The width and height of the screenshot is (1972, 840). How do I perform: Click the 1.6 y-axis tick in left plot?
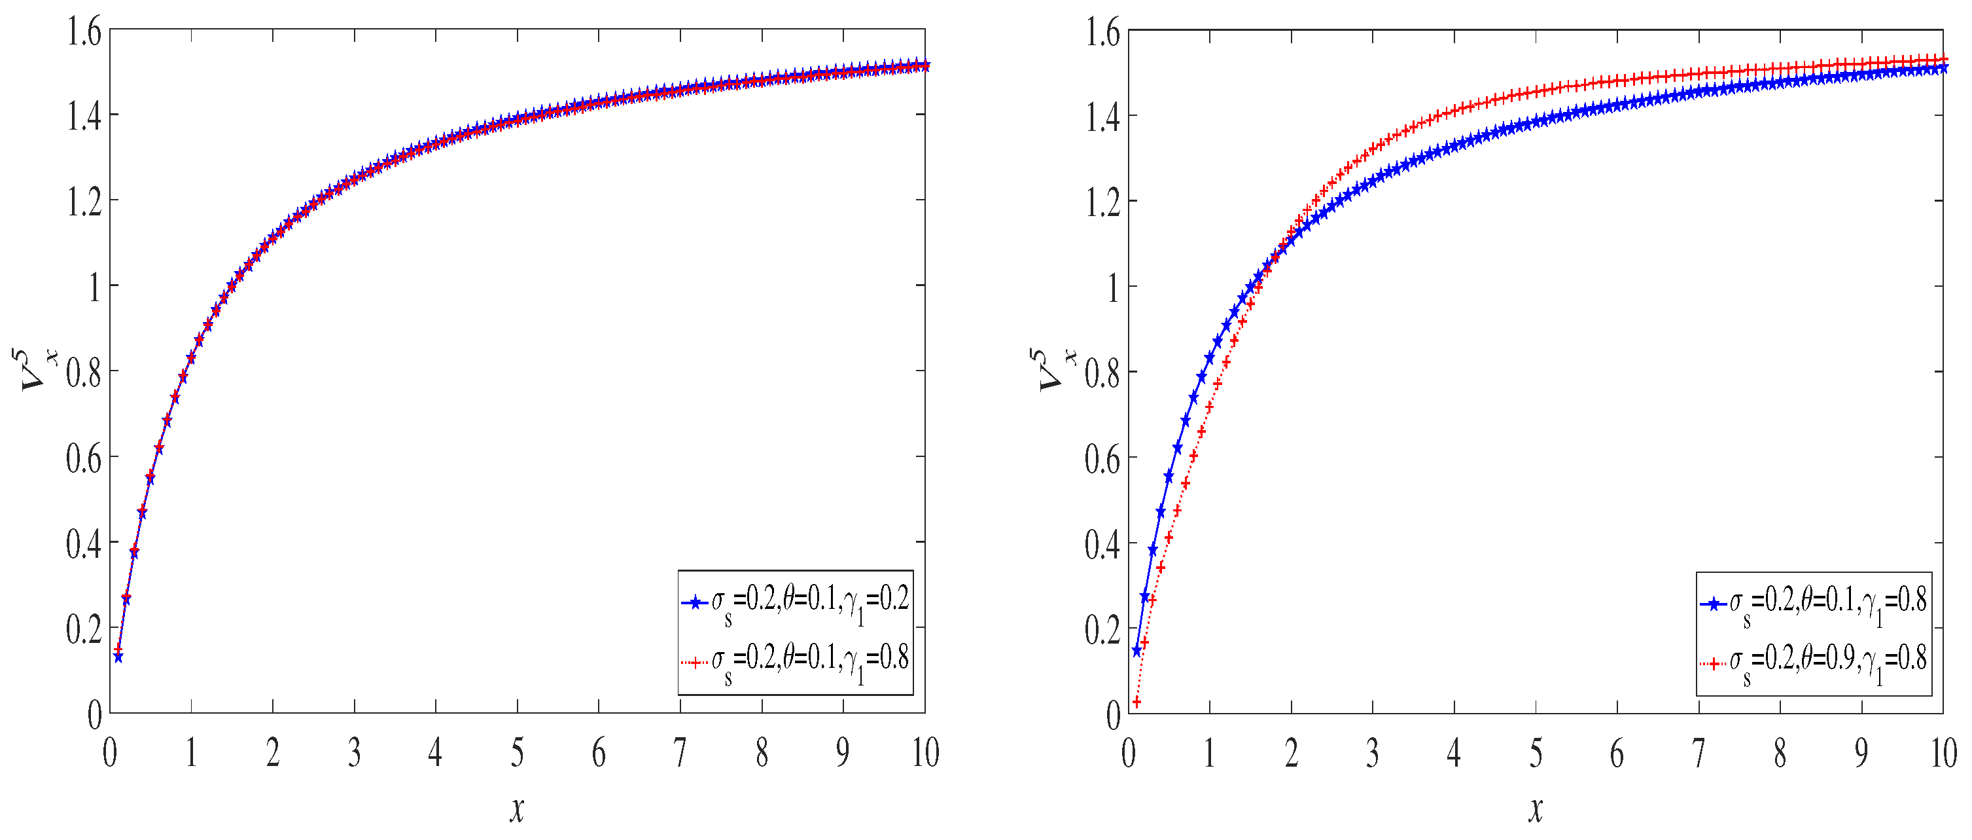click(x=84, y=33)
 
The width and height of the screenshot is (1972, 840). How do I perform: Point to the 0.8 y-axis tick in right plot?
click(x=1102, y=374)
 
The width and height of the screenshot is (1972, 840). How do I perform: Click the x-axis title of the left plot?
click(x=518, y=809)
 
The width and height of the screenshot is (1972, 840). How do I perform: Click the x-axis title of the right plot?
click(x=1536, y=809)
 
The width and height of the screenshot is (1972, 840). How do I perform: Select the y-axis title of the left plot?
click(x=39, y=370)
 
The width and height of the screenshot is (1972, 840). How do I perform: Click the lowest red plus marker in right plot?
click(x=1136, y=702)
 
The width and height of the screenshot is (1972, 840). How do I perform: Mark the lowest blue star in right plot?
click(x=1136, y=651)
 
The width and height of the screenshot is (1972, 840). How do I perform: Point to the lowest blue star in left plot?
click(x=118, y=657)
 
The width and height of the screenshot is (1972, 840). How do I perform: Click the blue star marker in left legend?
click(x=695, y=602)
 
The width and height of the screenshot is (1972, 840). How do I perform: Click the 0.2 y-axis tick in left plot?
click(x=84, y=629)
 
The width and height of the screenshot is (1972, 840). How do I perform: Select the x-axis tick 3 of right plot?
click(x=1373, y=754)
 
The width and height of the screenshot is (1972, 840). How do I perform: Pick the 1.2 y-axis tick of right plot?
click(x=1102, y=203)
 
